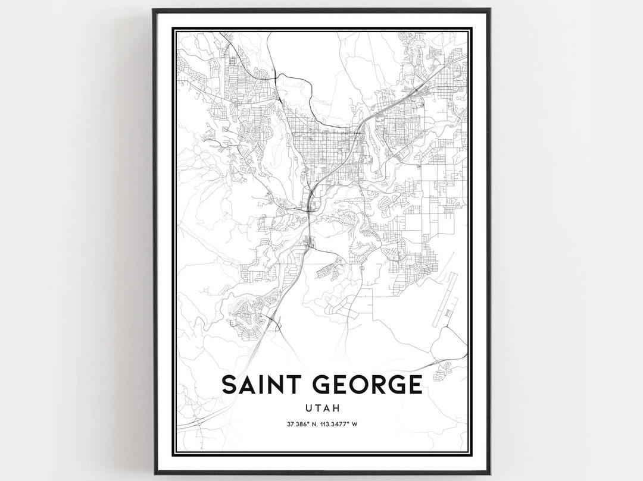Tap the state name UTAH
322,408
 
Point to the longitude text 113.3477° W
342,425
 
